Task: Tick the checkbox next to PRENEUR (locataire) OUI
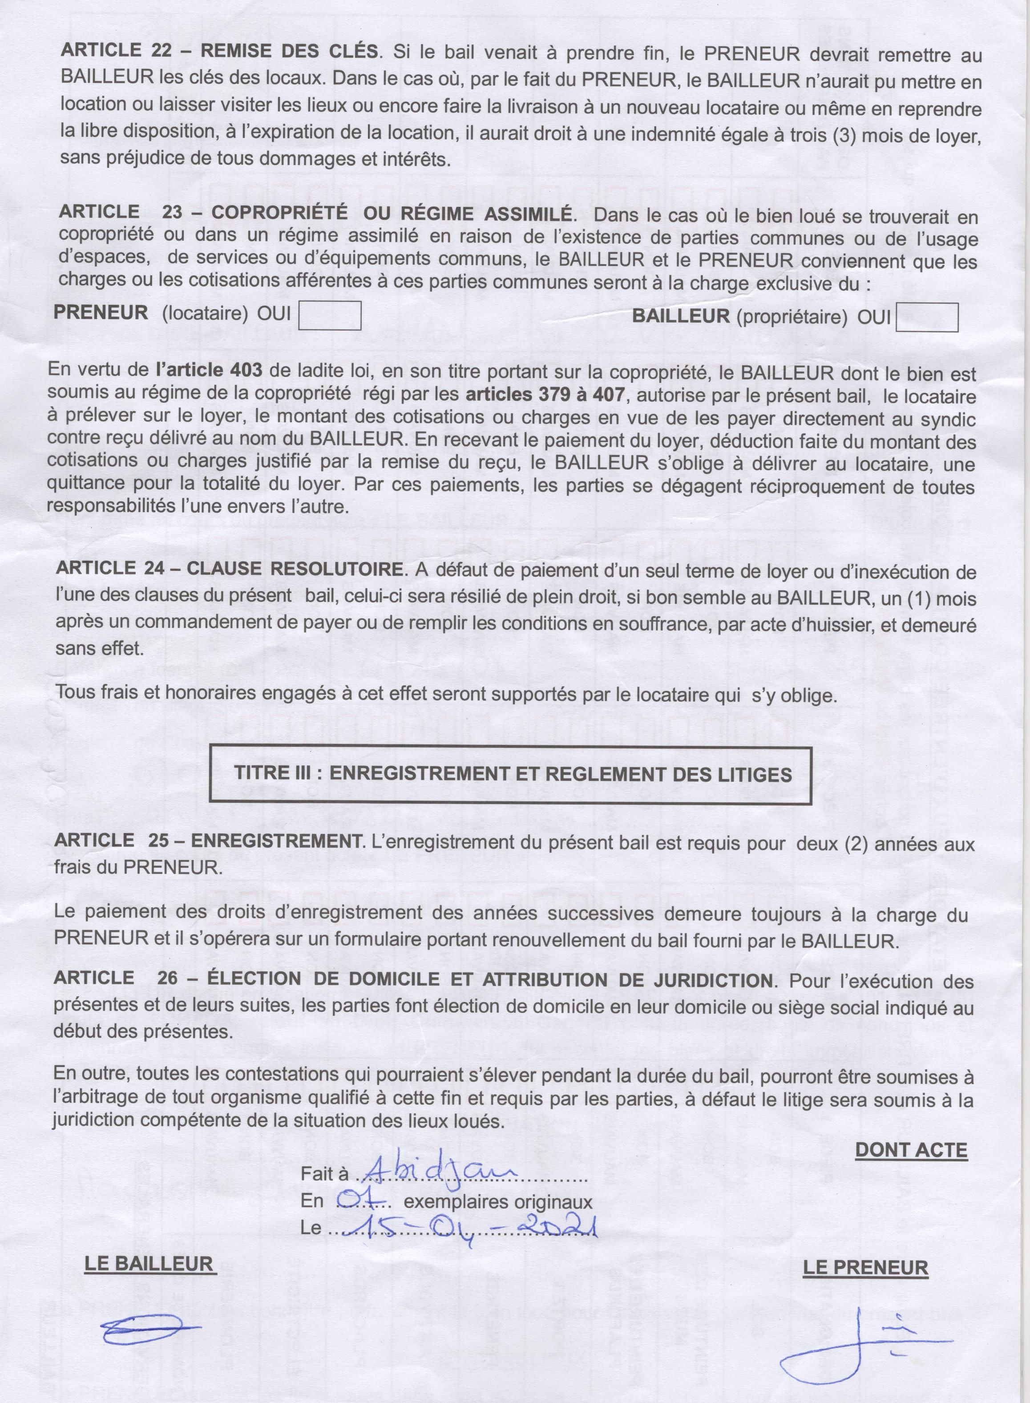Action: [330, 315]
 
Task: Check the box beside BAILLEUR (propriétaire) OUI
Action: [926, 317]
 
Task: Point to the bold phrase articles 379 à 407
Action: [545, 395]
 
